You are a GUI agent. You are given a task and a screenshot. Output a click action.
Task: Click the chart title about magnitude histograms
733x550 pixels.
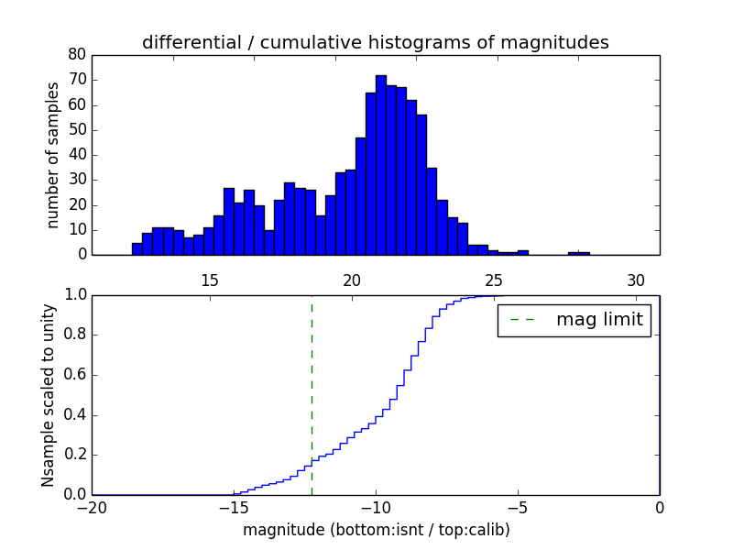pos(375,42)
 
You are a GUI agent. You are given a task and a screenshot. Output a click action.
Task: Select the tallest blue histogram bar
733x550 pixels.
pos(380,165)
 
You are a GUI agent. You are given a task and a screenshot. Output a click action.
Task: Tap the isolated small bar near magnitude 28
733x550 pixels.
pos(579,253)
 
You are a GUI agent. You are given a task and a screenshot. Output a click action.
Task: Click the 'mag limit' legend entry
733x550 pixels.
pos(574,320)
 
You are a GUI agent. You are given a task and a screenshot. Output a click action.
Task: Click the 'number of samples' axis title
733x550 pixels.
pos(53,154)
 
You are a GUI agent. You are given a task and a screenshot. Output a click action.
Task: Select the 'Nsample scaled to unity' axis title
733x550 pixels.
pos(49,394)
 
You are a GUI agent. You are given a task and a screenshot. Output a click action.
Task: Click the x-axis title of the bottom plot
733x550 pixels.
pos(376,530)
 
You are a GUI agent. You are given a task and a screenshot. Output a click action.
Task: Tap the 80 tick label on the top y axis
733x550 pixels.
pos(77,55)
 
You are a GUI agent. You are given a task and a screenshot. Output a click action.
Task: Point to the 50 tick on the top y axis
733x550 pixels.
pos(77,130)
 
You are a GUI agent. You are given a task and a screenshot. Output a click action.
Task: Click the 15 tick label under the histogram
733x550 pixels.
pos(209,280)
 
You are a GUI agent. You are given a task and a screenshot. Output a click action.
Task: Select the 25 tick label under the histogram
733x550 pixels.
pos(494,280)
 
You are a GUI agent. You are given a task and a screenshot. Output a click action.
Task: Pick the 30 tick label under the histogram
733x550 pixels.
pos(637,280)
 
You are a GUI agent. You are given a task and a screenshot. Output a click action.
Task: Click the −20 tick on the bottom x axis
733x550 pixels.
pos(93,508)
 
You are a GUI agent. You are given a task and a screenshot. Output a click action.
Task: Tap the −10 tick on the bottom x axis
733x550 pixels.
pos(375,508)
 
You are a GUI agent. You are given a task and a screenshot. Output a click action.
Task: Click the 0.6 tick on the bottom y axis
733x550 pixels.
pos(74,375)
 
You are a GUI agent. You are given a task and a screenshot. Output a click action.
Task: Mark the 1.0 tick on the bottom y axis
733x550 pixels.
pos(74,295)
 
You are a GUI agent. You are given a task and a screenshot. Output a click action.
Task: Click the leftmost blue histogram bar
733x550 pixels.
pos(137,249)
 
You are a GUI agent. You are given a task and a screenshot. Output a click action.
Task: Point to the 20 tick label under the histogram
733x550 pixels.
pos(352,280)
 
